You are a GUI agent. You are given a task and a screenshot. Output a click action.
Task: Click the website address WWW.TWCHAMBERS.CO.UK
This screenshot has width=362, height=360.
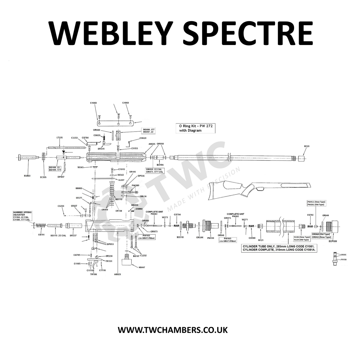[173, 330]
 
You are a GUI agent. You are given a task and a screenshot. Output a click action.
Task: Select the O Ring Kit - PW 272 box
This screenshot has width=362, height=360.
[195, 128]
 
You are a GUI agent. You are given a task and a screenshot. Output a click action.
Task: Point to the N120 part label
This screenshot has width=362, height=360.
[307, 146]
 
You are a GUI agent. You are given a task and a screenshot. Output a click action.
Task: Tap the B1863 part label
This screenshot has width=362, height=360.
[27, 176]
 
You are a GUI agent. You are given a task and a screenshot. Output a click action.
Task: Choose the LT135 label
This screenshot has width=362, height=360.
[59, 138]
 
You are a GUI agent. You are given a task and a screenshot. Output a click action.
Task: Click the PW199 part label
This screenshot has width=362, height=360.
[210, 238]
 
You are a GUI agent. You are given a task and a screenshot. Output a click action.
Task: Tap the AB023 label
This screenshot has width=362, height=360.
[117, 274]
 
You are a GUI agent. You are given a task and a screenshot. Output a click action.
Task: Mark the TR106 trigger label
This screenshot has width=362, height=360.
[93, 274]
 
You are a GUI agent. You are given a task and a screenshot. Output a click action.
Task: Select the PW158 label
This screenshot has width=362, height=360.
[344, 260]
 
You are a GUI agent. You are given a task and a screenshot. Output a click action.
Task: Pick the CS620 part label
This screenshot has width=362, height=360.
[143, 138]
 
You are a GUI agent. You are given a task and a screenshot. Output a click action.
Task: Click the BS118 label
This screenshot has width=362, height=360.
[180, 237]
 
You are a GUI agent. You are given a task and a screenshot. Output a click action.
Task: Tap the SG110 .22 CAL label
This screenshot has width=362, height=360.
[58, 235]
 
